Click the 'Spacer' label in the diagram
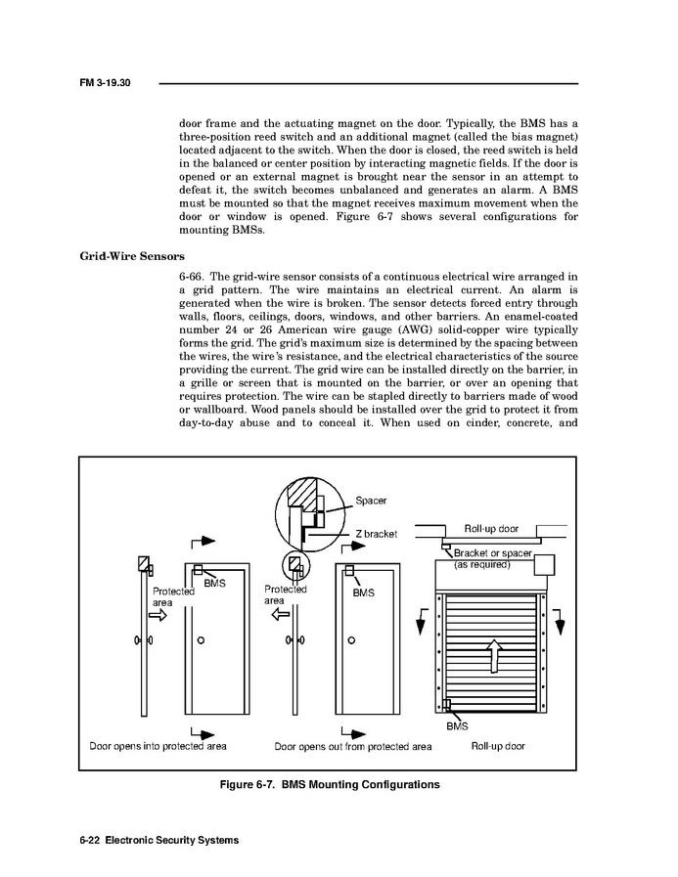coord(371,501)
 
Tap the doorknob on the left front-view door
coord(201,640)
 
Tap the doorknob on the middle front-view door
coord(350,640)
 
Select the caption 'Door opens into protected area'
coord(158,746)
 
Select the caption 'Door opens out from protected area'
coord(352,746)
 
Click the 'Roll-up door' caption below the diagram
coord(498,746)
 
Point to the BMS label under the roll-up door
coord(457,726)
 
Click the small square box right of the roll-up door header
coord(543,566)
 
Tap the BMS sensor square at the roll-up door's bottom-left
coord(446,706)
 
